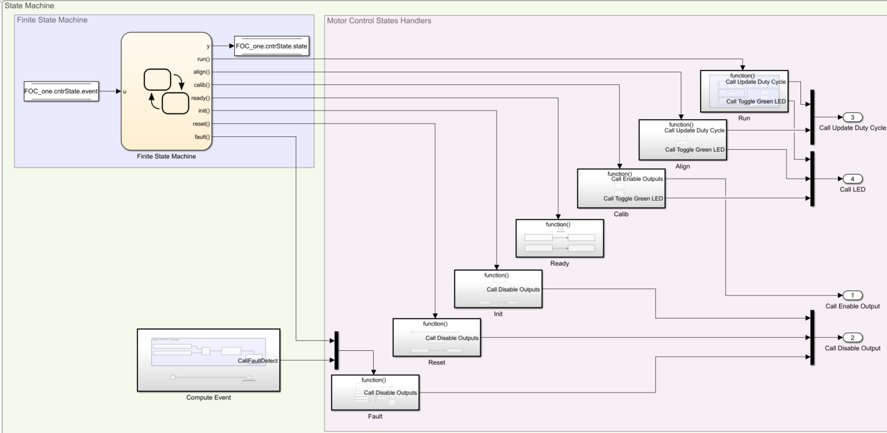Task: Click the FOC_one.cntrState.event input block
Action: click(x=61, y=91)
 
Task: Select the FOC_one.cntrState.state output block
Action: click(x=272, y=46)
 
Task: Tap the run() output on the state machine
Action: click(x=202, y=59)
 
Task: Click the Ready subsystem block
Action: click(x=559, y=238)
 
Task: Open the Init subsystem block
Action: click(x=497, y=288)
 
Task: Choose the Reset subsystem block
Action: click(x=435, y=337)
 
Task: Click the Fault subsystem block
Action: click(x=375, y=393)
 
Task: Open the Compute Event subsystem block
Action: click(x=208, y=360)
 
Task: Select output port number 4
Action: click(x=852, y=178)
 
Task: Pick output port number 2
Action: click(x=852, y=338)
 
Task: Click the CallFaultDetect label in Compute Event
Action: click(x=258, y=361)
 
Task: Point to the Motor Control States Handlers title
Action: click(x=379, y=21)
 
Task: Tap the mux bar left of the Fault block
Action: click(x=336, y=350)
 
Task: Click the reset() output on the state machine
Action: click(x=200, y=124)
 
